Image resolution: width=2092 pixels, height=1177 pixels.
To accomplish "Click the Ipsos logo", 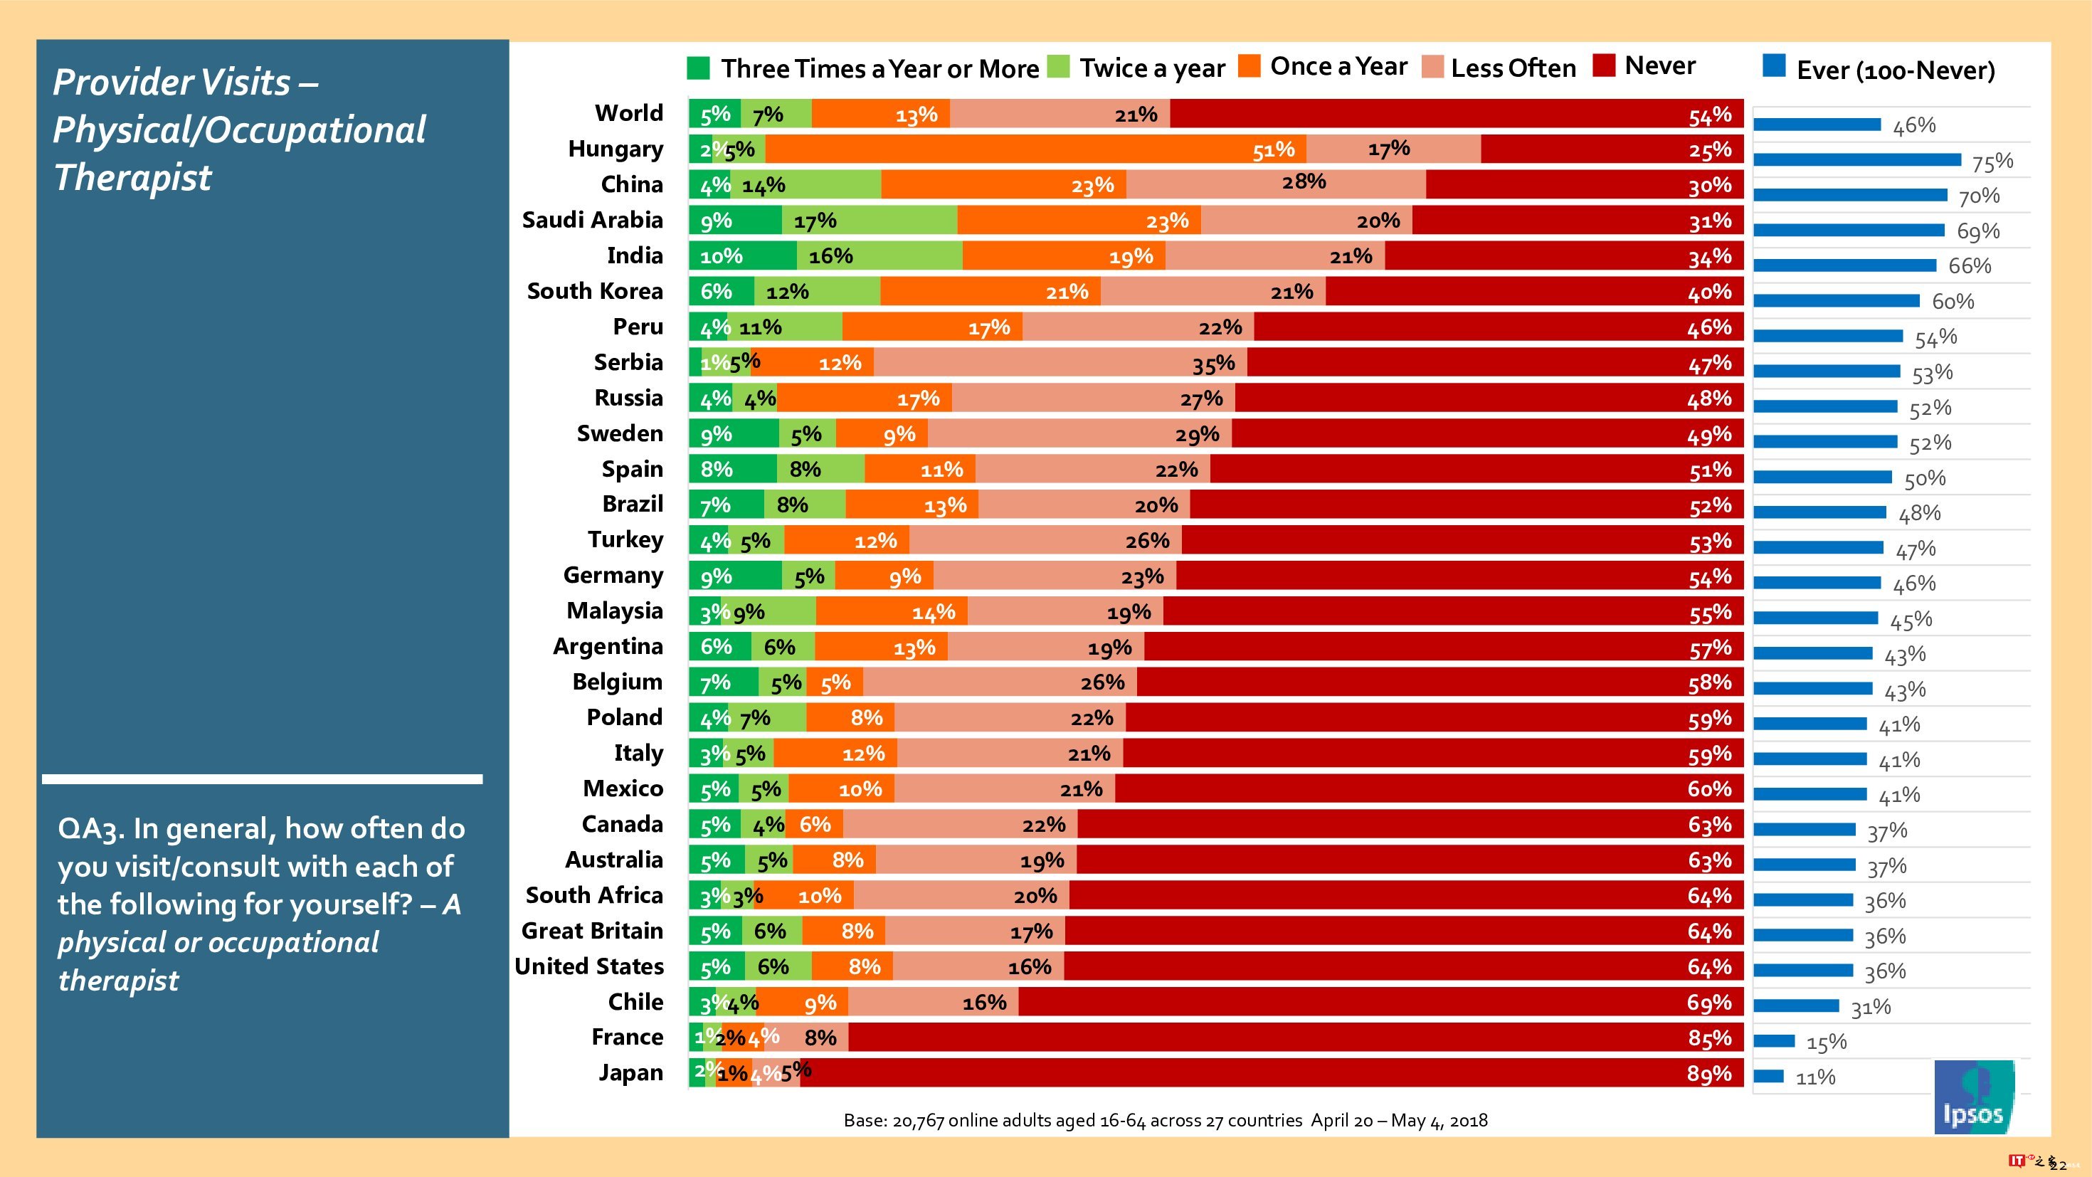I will [x=1973, y=1096].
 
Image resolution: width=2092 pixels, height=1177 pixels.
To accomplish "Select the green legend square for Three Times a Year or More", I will [x=697, y=68].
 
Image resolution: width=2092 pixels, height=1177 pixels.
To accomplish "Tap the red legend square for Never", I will [x=1604, y=65].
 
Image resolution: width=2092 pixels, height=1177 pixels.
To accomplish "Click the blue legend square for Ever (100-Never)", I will [x=1774, y=65].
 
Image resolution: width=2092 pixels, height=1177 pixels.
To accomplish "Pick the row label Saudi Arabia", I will [x=592, y=220].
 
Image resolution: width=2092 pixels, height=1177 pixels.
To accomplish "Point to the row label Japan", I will [x=630, y=1073].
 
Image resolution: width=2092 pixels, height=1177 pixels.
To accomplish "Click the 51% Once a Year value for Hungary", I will [x=1272, y=149].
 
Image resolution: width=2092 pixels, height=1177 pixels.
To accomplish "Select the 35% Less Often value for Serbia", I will [x=1213, y=364].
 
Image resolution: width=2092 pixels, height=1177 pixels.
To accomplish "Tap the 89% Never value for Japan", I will [x=1708, y=1074].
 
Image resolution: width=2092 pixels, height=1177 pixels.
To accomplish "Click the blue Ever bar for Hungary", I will [x=1856, y=159].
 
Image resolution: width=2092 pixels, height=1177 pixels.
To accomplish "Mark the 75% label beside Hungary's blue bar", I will [x=1992, y=162].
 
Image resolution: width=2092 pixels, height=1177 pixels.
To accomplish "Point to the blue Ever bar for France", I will [x=1774, y=1040].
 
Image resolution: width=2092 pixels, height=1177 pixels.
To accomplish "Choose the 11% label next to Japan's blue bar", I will [x=1815, y=1078].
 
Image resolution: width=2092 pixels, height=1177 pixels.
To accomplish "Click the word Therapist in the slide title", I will [x=133, y=178].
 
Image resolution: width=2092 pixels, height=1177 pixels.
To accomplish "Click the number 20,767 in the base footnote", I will [x=918, y=1121].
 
